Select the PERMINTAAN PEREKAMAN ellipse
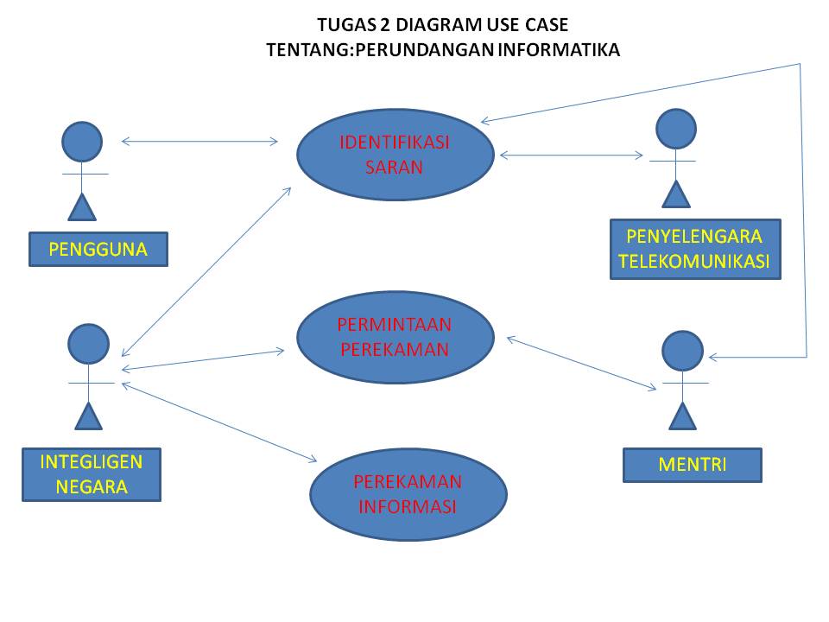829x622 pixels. click(x=395, y=336)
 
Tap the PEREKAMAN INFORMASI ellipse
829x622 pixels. click(x=408, y=494)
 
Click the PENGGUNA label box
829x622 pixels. click(x=98, y=250)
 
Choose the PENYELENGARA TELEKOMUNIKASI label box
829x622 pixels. click(x=695, y=249)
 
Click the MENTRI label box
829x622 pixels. click(x=693, y=464)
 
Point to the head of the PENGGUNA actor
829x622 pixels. click(x=82, y=141)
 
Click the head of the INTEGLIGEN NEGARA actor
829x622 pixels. click(x=88, y=344)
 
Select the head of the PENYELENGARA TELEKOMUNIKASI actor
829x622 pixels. click(x=676, y=128)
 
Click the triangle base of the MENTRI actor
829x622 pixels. click(x=683, y=416)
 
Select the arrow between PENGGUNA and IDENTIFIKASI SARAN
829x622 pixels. click(x=200, y=141)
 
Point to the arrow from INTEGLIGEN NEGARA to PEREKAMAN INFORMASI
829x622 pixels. click(x=221, y=422)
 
